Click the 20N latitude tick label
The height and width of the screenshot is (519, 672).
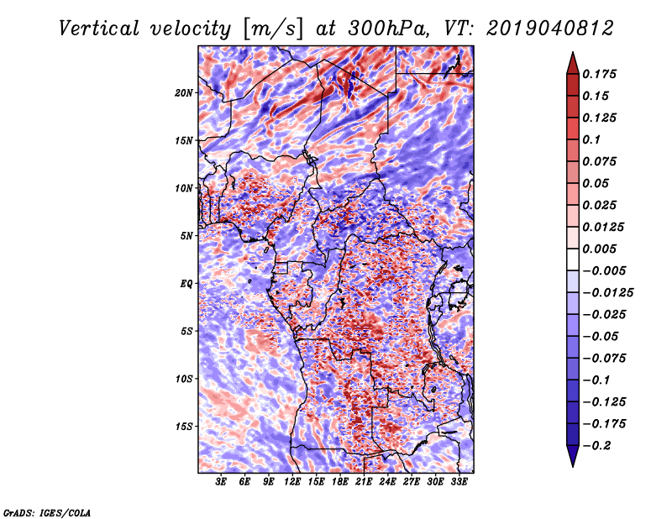[185, 92]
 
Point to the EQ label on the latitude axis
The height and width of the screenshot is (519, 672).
[186, 283]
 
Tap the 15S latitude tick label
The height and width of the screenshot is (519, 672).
[185, 426]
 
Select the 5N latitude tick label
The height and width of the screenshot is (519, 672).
[187, 235]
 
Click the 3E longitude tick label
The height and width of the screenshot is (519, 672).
[222, 482]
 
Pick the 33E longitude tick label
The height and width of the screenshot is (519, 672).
[459, 482]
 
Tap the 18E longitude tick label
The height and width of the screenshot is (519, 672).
[340, 482]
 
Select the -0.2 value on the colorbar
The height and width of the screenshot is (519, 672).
[600, 445]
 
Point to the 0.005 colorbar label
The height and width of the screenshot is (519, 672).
[602, 249]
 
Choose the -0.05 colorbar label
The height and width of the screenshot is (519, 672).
[602, 336]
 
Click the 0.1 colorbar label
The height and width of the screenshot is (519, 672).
[596, 139]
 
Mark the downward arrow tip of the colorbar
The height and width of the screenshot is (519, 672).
[572, 464]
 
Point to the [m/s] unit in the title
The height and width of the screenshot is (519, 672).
[272, 29]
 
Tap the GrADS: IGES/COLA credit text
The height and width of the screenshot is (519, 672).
[46, 511]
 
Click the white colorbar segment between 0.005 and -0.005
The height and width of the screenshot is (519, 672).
[572, 260]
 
